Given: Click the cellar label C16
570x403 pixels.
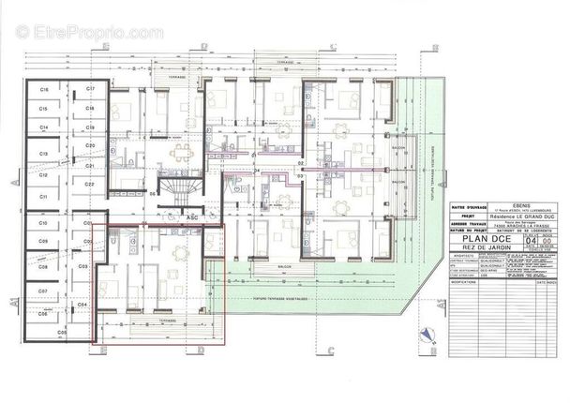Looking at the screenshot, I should coord(44,88).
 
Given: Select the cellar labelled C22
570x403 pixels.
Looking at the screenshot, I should coord(90,186).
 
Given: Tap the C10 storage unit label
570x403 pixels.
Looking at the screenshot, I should coord(44,225).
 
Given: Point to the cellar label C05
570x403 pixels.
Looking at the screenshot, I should coord(63,334).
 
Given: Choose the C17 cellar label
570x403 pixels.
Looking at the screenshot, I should coord(90,88).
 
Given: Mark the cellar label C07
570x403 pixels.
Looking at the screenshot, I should coord(44,291).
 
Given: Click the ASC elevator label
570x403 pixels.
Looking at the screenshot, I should coord(192,217).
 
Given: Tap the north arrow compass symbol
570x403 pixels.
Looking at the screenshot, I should coord(428,333).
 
